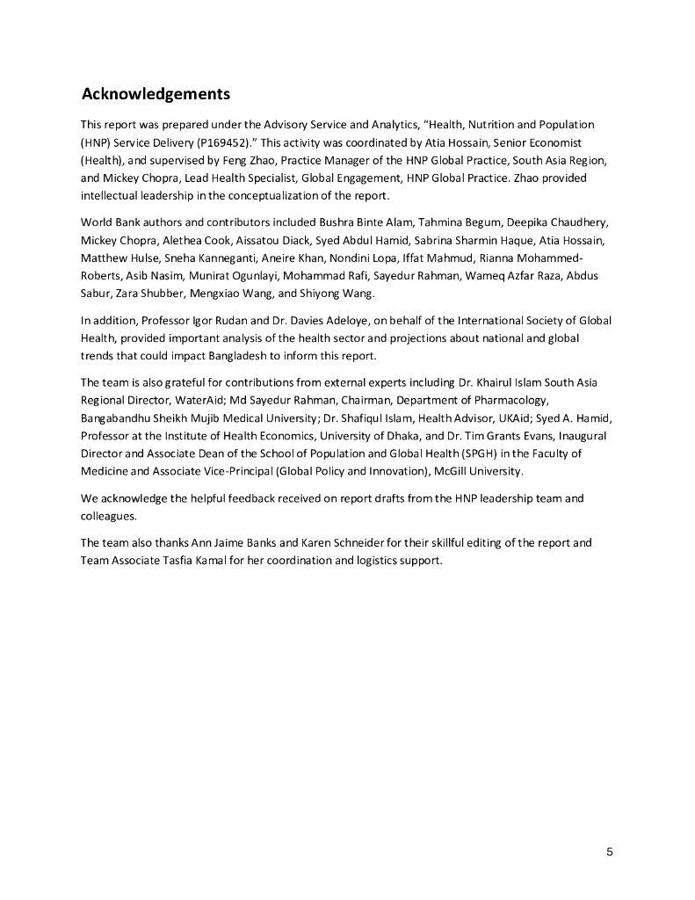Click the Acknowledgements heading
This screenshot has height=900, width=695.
coord(156,94)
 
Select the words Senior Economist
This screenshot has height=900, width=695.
coord(533,141)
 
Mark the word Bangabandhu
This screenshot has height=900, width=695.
coord(118,418)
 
